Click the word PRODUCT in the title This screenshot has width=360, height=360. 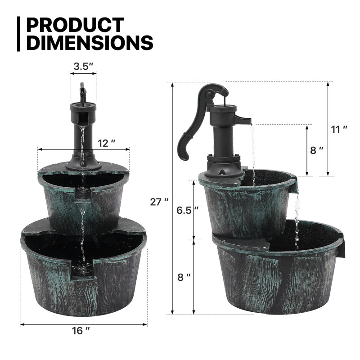74,26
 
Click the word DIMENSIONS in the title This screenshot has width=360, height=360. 89,43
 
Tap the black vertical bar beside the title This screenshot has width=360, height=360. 18,34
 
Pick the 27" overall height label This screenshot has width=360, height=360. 160,202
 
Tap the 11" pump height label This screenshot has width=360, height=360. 339,130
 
